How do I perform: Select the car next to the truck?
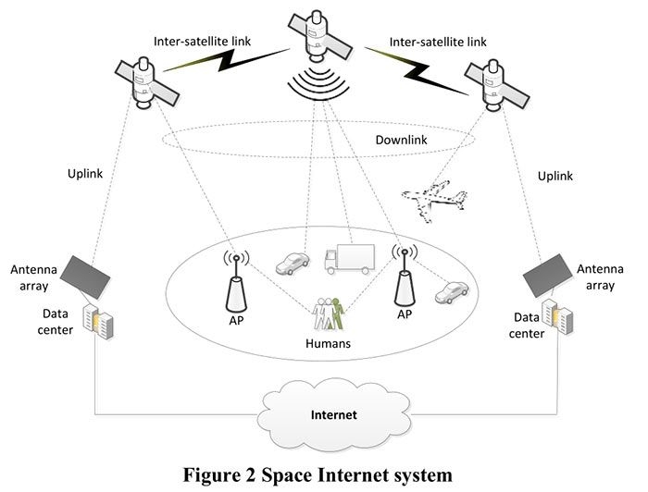tap(292, 264)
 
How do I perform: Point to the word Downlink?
tap(400, 141)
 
